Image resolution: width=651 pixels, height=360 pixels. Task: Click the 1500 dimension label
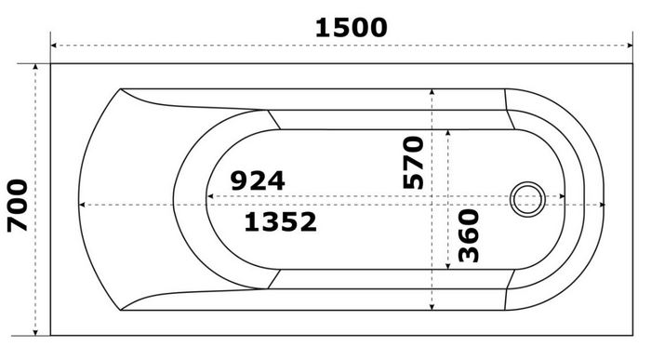click(352, 28)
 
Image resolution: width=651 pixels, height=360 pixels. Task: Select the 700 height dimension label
click(18, 206)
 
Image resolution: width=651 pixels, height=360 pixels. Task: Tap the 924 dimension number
click(258, 180)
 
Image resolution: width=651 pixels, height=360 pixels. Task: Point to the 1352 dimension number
click(280, 221)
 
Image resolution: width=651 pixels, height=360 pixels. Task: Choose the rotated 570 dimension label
click(414, 163)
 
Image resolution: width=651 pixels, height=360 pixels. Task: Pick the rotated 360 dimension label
click(469, 235)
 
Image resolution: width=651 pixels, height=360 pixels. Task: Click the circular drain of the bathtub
click(527, 199)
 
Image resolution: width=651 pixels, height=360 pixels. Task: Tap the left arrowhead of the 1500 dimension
click(54, 46)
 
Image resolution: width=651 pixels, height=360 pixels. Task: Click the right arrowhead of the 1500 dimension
click(630, 46)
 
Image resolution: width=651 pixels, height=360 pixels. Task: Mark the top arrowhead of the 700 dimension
click(35, 67)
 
